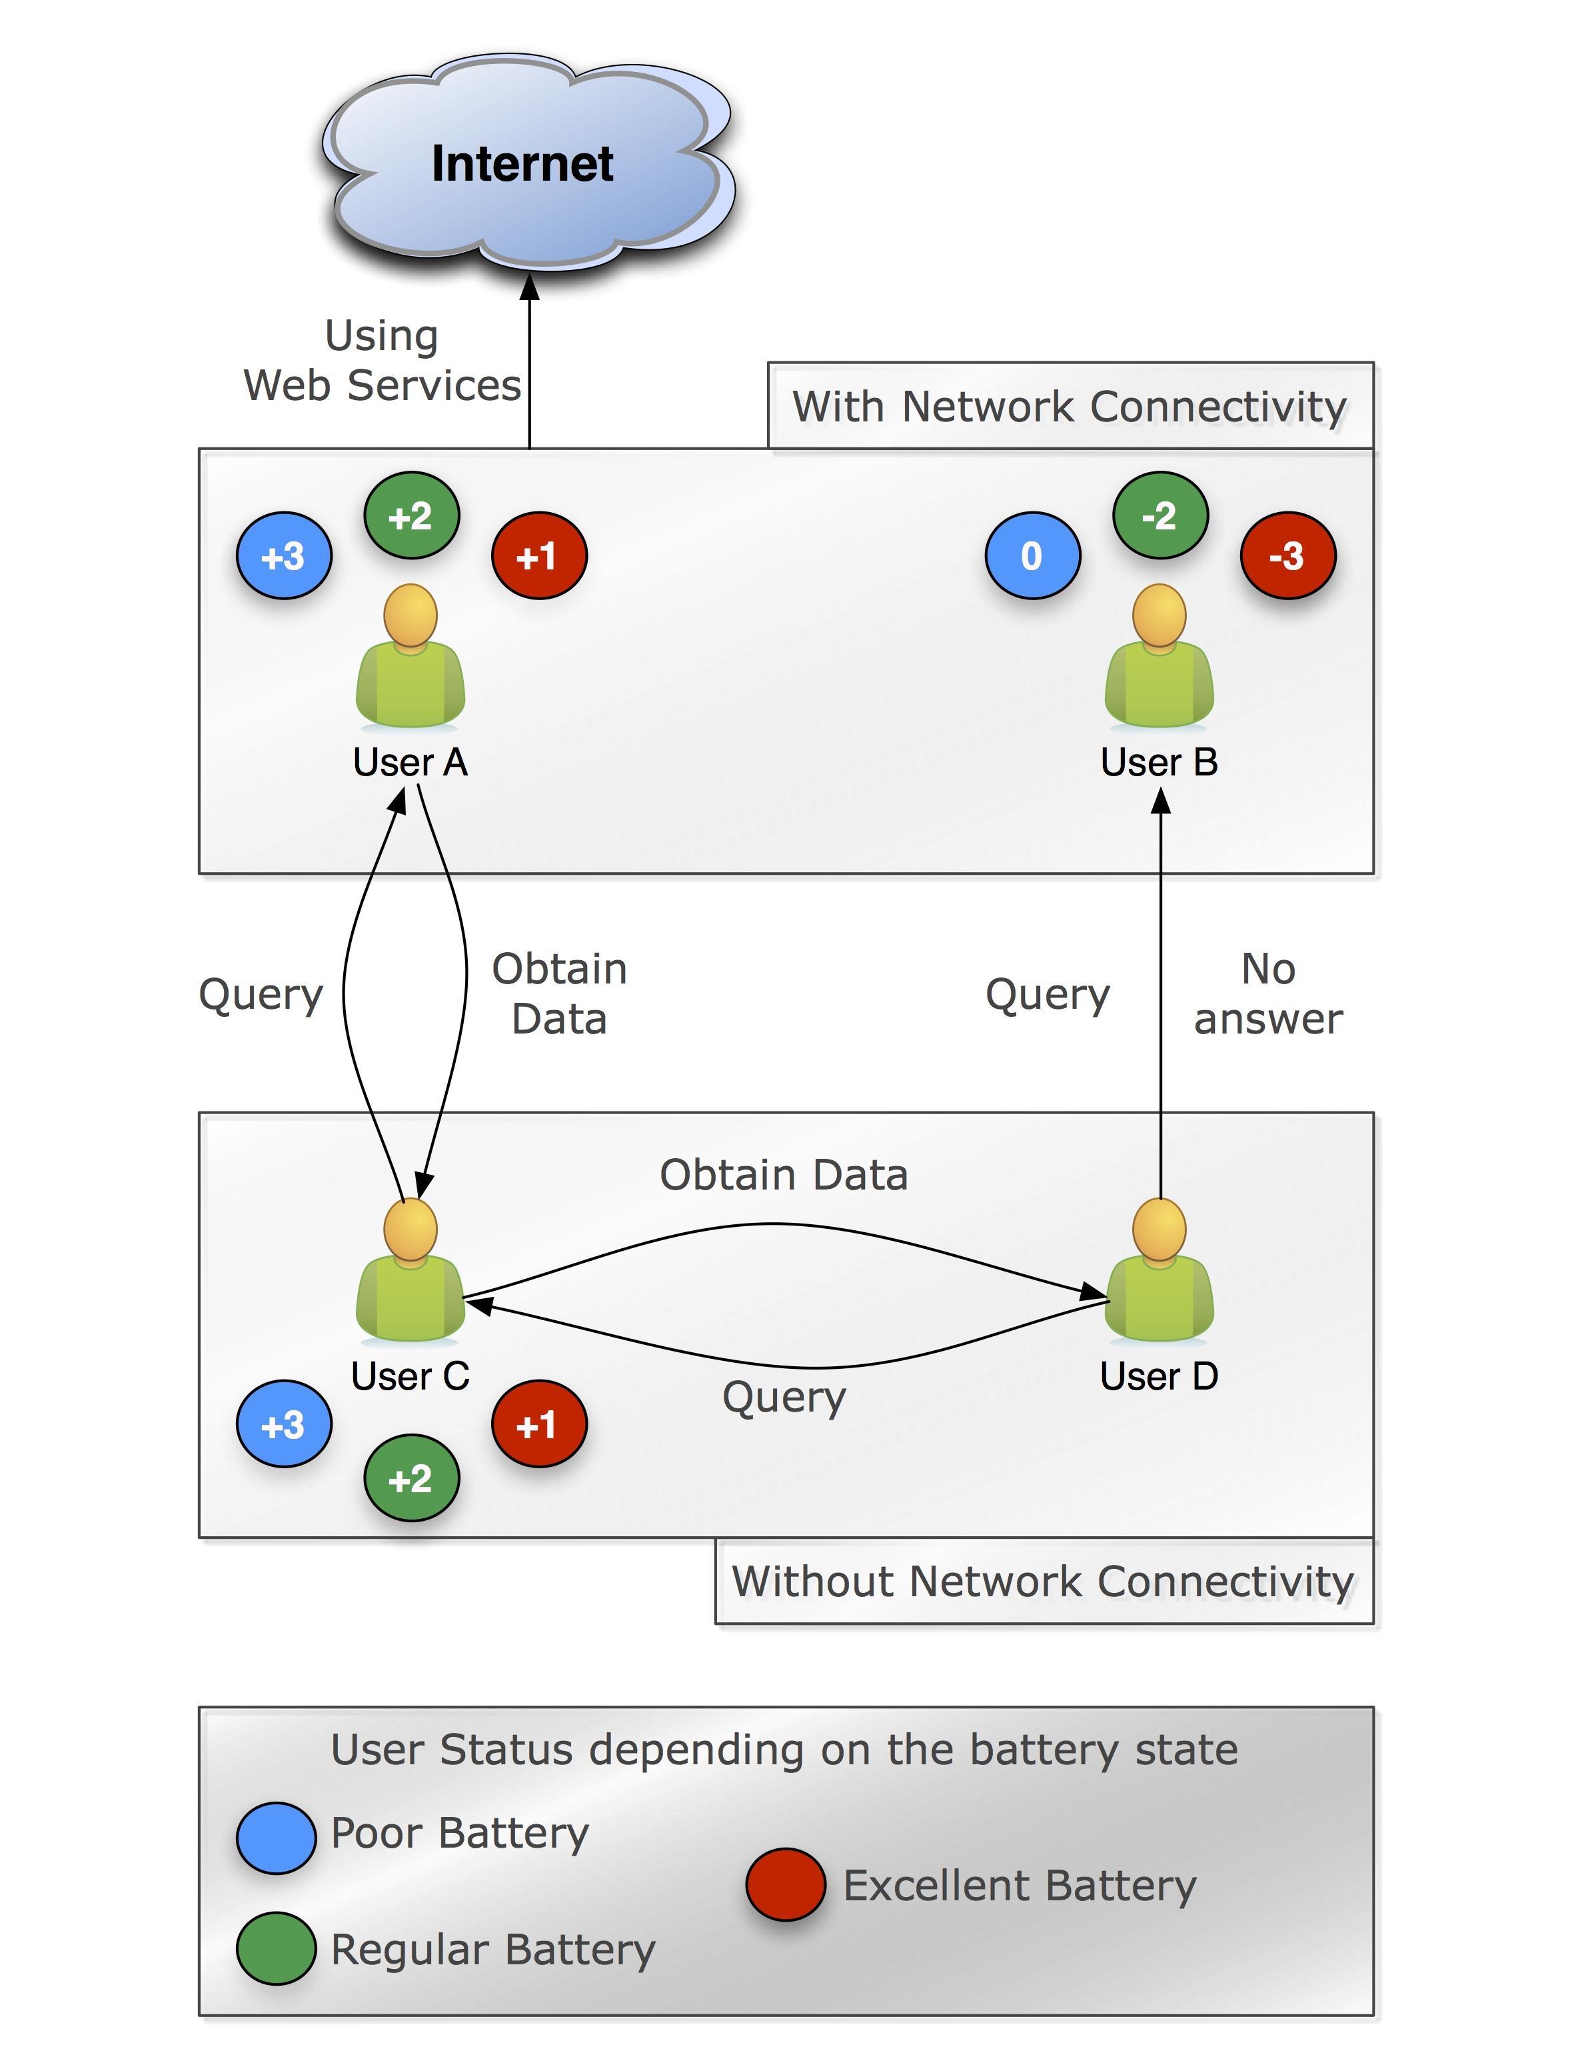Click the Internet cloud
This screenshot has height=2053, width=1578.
[x=526, y=165]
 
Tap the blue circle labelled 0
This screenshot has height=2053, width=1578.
[x=1032, y=555]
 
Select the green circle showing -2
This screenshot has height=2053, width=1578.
[x=1160, y=515]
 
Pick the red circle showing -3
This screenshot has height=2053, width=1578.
[x=1287, y=555]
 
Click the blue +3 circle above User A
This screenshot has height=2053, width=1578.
[x=284, y=555]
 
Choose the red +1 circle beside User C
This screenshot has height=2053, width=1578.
[x=538, y=1424]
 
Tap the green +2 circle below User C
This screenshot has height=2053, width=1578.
[x=411, y=1478]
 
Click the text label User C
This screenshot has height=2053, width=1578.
[x=410, y=1376]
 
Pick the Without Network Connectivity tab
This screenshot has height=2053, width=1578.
[x=1044, y=1582]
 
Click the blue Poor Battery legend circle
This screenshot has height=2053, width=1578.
[x=276, y=1838]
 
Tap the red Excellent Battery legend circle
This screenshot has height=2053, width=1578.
[x=785, y=1884]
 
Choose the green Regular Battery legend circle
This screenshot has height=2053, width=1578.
[x=276, y=1948]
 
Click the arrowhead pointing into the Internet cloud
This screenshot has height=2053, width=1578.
[x=530, y=287]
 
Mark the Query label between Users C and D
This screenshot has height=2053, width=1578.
[x=784, y=1397]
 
